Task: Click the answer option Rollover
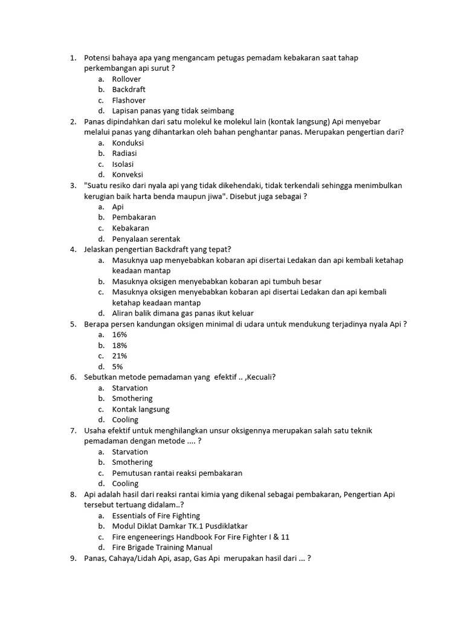coord(126,79)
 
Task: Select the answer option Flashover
coord(129,100)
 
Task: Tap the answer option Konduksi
coord(127,143)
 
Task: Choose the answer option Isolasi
coord(123,164)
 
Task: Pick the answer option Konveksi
coord(127,175)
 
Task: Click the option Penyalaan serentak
coord(146,239)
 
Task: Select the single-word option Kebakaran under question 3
coord(130,228)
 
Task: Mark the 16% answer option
coord(119,334)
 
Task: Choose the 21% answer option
coord(119,356)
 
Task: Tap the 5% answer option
coord(117,366)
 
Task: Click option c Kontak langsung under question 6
coord(141,409)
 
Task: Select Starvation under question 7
coord(130,452)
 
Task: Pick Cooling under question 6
coord(125,420)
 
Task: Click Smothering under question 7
coord(132,462)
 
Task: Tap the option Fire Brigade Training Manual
coord(162,548)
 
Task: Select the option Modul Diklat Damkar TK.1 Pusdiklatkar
coord(179,526)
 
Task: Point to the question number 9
coord(72,559)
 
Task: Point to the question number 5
coord(72,324)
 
